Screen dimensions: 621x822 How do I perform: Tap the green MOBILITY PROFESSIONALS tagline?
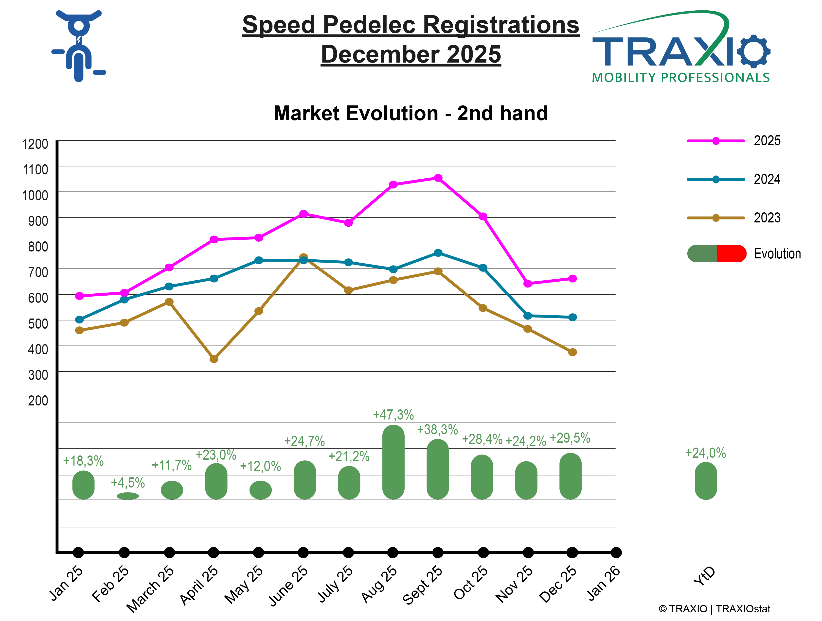coord(681,77)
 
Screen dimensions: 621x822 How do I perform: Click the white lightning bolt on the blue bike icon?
coord(79,40)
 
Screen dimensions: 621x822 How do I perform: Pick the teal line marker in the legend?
coord(716,180)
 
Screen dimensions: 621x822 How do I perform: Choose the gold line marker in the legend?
coord(716,218)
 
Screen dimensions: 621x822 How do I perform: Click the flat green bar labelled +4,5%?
coord(128,496)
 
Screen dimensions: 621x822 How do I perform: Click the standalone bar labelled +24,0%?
coord(706,480)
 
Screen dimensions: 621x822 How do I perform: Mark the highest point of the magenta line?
coord(438,178)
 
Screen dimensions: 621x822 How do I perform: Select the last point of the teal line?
coord(573,317)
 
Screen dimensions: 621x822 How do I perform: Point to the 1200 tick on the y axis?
coord(36,144)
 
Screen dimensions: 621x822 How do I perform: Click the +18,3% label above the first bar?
coord(83,461)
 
